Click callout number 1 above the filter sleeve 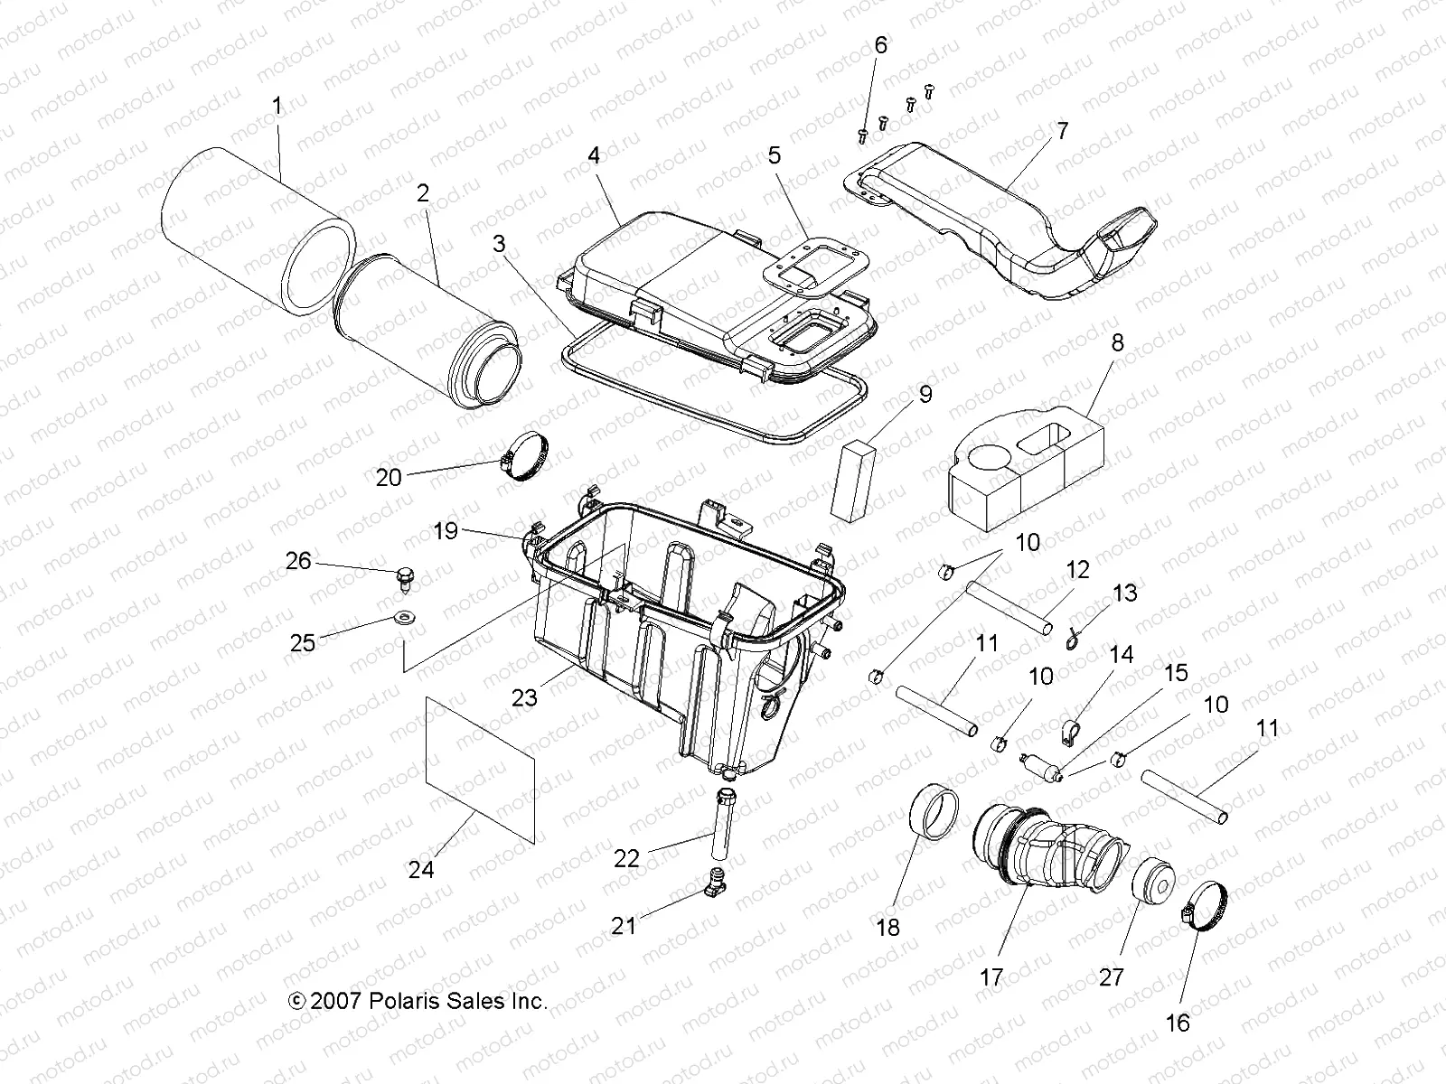tap(277, 106)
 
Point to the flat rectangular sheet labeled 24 tap(480, 768)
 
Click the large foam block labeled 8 tap(1026, 474)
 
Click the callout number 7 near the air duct tap(1063, 131)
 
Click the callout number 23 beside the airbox tap(524, 697)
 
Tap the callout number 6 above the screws tap(880, 45)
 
